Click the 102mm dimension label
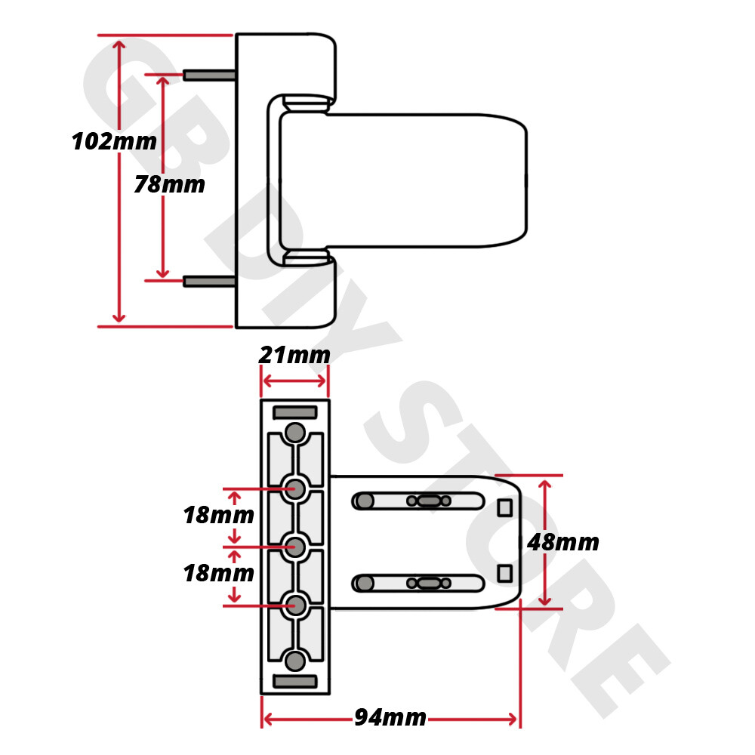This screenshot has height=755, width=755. point(114,141)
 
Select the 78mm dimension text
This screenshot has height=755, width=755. point(169,184)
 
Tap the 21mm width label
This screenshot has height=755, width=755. point(294,354)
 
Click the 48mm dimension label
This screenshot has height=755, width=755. point(563,541)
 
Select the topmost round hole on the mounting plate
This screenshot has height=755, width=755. point(295,433)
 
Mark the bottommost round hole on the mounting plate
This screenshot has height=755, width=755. point(295,661)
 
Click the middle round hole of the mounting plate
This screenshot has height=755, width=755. point(295,546)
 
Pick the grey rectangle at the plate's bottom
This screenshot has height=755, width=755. point(294,682)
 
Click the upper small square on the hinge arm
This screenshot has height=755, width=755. point(504,508)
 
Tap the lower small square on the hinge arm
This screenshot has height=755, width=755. point(504,573)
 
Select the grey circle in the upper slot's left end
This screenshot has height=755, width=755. point(365,501)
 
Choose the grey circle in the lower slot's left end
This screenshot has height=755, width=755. point(365,583)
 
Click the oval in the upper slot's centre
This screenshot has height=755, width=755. point(428,501)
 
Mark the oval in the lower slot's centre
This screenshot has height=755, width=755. point(428,583)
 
